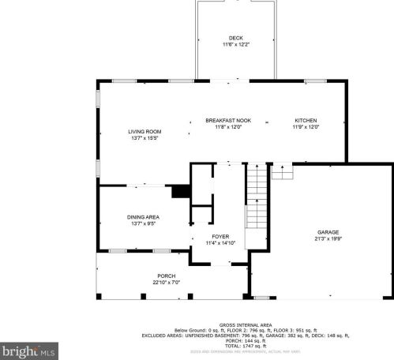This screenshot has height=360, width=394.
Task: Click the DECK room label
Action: point(235,38)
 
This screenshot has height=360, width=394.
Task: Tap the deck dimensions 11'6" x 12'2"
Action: point(235,45)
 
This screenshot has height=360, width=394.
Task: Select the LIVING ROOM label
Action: point(144,131)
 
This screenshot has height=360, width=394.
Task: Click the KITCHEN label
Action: point(306,120)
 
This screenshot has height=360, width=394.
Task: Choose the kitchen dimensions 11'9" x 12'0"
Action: point(306,126)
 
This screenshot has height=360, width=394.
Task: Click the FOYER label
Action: point(220,236)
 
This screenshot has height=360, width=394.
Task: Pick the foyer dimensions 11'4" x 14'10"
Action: point(220,242)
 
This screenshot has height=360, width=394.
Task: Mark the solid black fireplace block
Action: point(181,191)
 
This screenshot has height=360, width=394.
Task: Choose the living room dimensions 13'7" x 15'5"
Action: point(144,137)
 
